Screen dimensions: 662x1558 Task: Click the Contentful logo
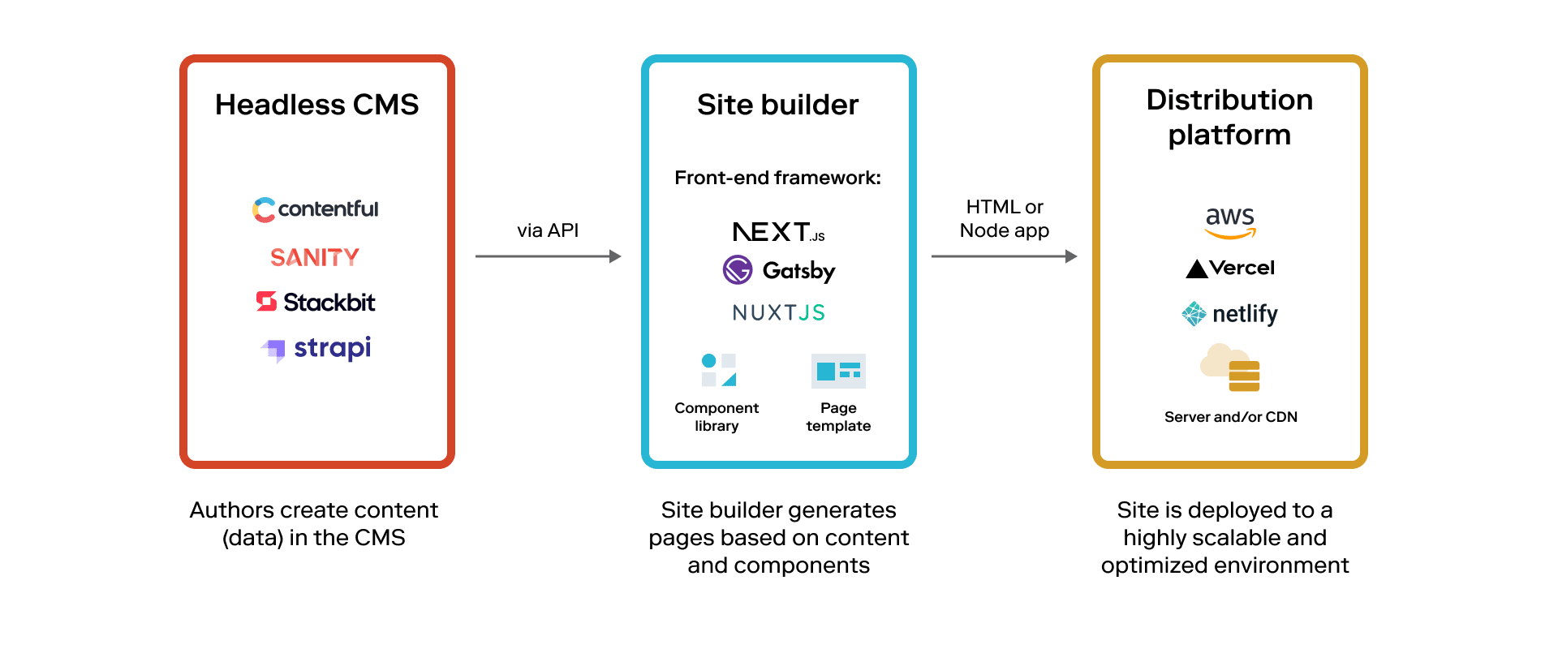(316, 209)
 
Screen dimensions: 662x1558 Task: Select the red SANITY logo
(315, 257)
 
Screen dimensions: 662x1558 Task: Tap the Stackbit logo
(316, 302)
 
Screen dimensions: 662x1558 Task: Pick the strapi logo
(316, 349)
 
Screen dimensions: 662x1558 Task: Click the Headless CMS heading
(316, 105)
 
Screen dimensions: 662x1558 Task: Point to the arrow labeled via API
(548, 256)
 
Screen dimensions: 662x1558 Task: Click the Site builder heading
(777, 105)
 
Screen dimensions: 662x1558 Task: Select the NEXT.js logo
(778, 232)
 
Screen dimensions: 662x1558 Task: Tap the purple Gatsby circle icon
(738, 270)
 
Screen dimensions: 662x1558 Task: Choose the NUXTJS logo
(778, 312)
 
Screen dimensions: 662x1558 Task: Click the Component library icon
(718, 370)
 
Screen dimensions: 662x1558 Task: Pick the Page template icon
(838, 371)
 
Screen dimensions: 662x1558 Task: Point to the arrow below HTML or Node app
(1004, 256)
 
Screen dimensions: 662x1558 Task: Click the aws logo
(1230, 222)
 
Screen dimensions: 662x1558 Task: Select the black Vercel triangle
(1197, 269)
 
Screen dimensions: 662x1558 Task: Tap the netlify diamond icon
(1194, 313)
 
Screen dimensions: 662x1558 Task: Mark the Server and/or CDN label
(1230, 417)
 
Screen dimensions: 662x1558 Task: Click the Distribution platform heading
(1229, 117)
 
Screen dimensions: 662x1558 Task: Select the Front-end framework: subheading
(777, 178)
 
